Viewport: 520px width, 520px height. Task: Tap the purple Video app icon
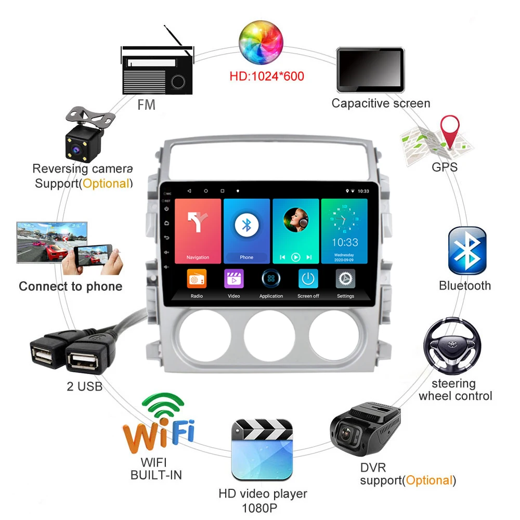click(234, 279)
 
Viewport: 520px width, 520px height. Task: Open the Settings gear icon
click(345, 279)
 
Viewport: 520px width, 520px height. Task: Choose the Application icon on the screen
click(271, 279)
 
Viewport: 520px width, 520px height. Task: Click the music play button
click(296, 257)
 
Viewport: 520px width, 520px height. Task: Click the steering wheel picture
click(451, 346)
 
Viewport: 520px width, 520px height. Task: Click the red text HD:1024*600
click(267, 76)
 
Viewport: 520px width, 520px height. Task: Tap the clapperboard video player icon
click(262, 450)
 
